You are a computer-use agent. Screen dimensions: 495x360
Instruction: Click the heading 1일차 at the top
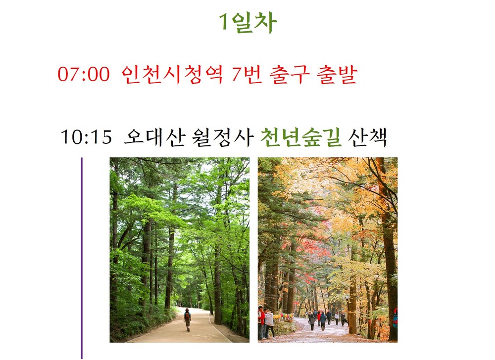click(x=248, y=23)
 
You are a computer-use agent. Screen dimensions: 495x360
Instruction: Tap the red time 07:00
click(x=84, y=74)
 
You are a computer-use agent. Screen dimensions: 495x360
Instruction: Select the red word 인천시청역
click(x=172, y=74)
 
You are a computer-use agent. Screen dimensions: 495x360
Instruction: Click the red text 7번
click(x=247, y=74)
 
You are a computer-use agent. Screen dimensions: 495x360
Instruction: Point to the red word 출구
click(x=290, y=74)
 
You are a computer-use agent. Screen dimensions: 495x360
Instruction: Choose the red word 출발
click(x=337, y=74)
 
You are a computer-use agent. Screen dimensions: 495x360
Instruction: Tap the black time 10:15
click(x=86, y=137)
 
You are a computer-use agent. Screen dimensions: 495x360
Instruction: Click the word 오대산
click(x=154, y=137)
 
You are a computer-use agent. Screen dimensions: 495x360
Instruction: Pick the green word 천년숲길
click(x=301, y=137)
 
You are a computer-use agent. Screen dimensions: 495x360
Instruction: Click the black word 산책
click(x=367, y=137)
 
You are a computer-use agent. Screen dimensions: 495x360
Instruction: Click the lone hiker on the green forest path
click(x=188, y=319)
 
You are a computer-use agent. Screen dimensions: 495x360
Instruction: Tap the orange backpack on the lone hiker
click(x=188, y=316)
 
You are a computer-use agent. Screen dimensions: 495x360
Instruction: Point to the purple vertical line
click(x=82, y=258)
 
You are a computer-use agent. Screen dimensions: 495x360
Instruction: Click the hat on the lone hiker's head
click(x=188, y=310)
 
